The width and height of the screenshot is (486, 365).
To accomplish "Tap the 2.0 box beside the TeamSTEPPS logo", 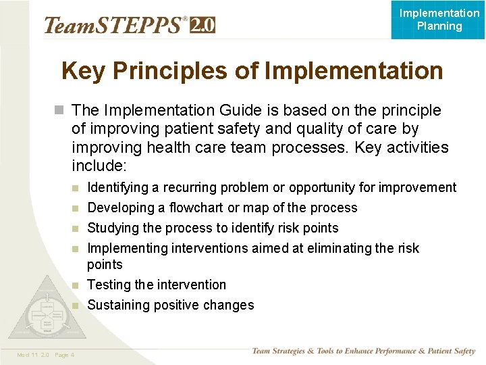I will pos(203,25).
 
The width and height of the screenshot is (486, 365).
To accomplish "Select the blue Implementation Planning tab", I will pos(439,20).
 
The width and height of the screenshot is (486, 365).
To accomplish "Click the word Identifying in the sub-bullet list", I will pos(119,188).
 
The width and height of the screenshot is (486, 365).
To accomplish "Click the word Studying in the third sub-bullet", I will pos(111,228).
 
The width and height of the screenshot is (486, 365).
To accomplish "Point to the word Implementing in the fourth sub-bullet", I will pos(128,248).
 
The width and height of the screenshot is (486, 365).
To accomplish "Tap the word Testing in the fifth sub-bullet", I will pos(109,285).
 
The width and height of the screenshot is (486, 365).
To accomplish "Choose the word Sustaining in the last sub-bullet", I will pos(118,305).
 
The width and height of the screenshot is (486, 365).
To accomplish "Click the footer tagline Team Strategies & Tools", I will pos(363,351).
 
